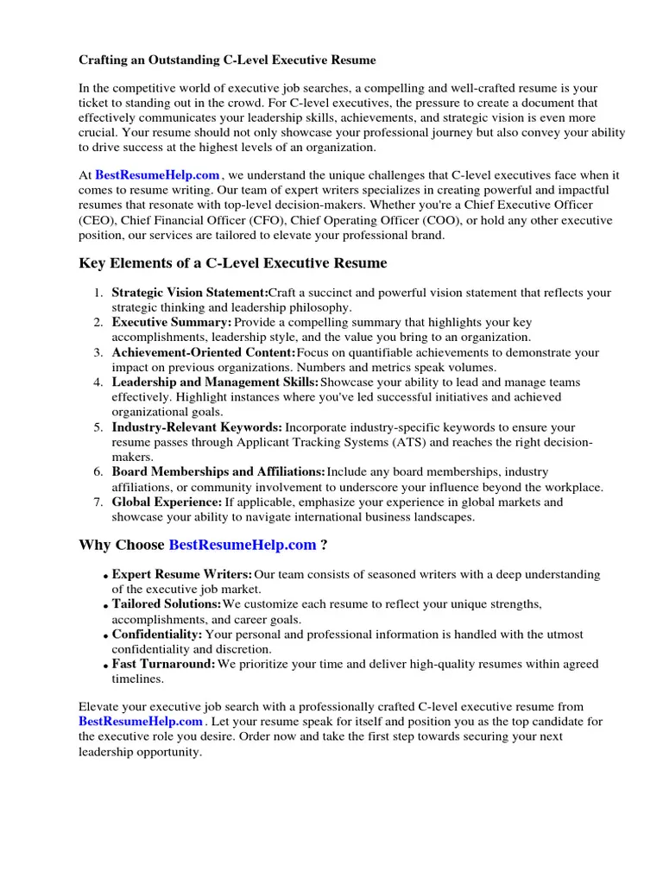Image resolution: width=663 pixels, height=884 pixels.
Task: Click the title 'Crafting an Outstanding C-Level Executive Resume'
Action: coord(228,60)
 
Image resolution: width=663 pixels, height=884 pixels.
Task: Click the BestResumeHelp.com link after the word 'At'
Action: coord(157,175)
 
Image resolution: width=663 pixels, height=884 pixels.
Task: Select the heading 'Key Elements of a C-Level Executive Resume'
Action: coord(233,263)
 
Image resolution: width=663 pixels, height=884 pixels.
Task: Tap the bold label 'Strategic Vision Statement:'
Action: coord(190,294)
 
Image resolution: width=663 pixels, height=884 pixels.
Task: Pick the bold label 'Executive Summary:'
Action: coord(172,323)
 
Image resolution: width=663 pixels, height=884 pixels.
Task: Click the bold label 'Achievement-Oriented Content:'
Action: coord(204,353)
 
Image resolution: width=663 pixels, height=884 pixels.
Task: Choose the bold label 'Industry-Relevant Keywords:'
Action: coord(197,427)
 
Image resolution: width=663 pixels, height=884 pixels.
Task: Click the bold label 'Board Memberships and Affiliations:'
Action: coord(218,472)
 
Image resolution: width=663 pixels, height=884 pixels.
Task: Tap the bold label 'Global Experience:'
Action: coord(167,502)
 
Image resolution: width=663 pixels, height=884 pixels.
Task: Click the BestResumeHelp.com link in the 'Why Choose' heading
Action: coord(243,546)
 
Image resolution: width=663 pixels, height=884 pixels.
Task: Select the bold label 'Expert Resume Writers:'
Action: coord(182,575)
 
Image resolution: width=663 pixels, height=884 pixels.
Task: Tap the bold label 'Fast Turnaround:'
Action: coord(163,665)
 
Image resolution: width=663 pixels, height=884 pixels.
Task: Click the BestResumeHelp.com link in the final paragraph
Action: coord(141,722)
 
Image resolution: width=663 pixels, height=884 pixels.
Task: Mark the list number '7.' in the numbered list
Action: coord(98,502)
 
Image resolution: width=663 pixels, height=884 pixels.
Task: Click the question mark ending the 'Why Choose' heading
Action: coord(324,546)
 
